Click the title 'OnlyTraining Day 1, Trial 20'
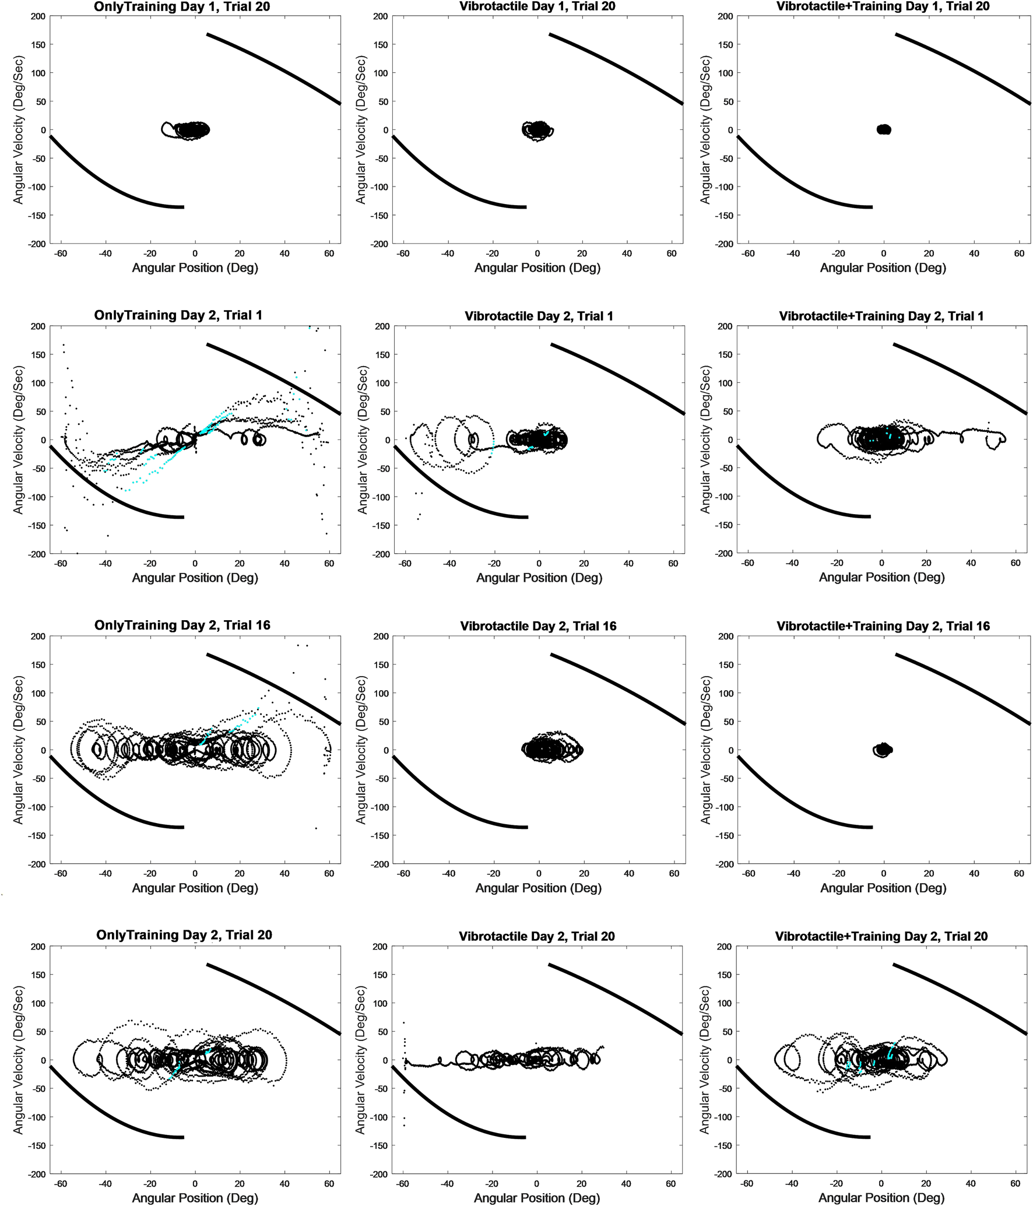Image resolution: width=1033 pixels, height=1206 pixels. point(182,7)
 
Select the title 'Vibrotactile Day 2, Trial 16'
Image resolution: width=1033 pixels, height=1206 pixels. point(538,626)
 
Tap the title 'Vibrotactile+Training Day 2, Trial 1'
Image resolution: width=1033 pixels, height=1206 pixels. point(881,316)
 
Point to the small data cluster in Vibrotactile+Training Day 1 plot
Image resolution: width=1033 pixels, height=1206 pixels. point(884,129)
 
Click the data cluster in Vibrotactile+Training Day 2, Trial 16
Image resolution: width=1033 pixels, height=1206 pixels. point(883,750)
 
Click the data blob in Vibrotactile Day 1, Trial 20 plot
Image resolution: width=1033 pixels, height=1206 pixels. point(537,130)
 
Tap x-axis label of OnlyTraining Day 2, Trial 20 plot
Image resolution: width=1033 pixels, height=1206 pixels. point(195,1197)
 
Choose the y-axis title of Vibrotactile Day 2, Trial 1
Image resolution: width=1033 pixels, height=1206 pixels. point(363,440)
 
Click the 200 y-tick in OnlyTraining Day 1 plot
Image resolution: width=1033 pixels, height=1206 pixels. point(38,16)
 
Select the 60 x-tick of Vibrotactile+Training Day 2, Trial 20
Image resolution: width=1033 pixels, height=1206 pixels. point(1015,1184)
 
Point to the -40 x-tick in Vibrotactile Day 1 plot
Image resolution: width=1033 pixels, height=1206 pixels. point(447,254)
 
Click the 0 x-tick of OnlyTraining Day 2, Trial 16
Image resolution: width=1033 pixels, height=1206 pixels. point(195,874)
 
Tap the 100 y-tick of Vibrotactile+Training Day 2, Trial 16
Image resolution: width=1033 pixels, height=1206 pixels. point(726,694)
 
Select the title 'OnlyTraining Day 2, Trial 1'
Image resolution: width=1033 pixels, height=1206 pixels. point(178,315)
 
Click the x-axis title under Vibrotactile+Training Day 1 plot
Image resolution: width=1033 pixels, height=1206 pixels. point(883,268)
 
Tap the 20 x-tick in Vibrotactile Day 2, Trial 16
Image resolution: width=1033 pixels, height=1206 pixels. point(584,874)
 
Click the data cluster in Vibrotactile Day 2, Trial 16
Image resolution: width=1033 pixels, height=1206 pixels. point(548,749)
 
